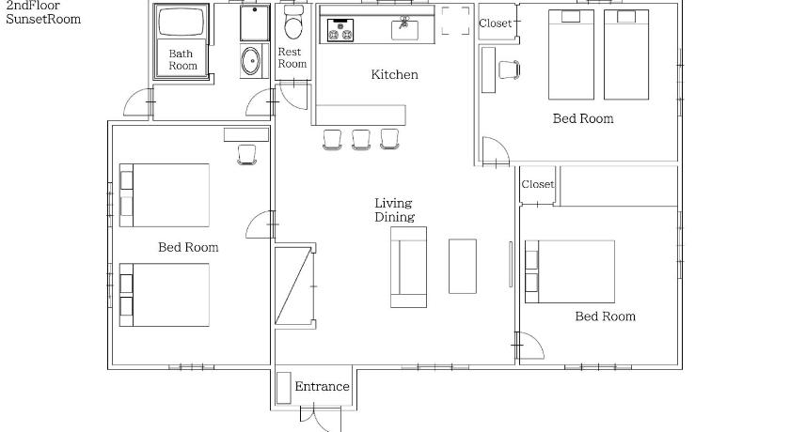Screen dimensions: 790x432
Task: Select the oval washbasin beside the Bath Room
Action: tap(250, 61)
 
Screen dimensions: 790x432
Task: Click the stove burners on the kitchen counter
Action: tap(340, 30)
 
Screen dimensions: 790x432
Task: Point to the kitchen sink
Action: tap(404, 29)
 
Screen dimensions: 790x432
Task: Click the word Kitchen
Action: tap(394, 74)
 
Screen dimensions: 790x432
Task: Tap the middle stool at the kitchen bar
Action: tap(361, 139)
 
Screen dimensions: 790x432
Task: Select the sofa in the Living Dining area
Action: tap(408, 267)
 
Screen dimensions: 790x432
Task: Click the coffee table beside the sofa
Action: tap(463, 266)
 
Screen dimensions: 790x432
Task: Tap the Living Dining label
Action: tap(394, 210)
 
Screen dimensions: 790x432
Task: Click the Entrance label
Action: tap(322, 386)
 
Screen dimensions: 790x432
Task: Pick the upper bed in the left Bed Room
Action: tap(165, 195)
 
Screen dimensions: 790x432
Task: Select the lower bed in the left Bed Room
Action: tap(165, 295)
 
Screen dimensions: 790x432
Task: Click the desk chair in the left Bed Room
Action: tap(246, 154)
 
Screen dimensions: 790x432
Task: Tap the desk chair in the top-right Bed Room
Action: tap(510, 69)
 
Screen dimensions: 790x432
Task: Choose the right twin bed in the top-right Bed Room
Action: tap(626, 54)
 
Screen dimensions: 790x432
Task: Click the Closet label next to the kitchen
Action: tap(496, 23)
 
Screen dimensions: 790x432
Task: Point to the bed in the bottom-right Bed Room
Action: tap(570, 271)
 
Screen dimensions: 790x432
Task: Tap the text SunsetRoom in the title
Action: tap(43, 19)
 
